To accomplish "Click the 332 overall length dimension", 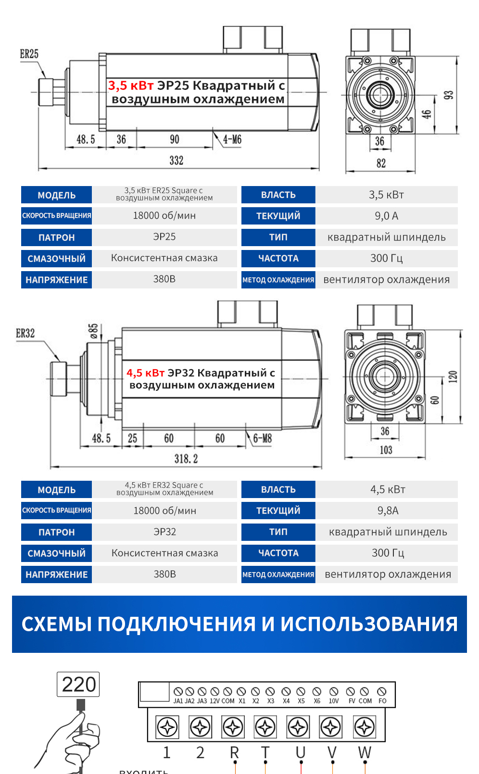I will pyautogui.click(x=176, y=161).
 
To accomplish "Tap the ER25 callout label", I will pyautogui.click(x=29, y=54).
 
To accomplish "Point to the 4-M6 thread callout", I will pyautogui.click(x=232, y=140).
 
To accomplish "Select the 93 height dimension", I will pyautogui.click(x=448, y=95).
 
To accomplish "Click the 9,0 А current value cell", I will pyautogui.click(x=386, y=216).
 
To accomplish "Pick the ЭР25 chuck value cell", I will pyautogui.click(x=164, y=237).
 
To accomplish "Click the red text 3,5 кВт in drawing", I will pyautogui.click(x=131, y=86).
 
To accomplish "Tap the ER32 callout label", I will pyautogui.click(x=25, y=333).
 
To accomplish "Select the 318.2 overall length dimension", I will pyautogui.click(x=186, y=459).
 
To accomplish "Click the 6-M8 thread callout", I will pyautogui.click(x=263, y=438).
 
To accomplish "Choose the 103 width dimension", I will pyautogui.click(x=386, y=450).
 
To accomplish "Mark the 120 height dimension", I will pyautogui.click(x=453, y=377).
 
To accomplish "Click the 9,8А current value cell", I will pyautogui.click(x=388, y=511).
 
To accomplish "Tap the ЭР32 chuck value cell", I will pyautogui.click(x=164, y=532).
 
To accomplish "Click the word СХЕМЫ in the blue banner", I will pyautogui.click(x=56, y=624).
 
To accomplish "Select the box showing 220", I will pyautogui.click(x=78, y=684).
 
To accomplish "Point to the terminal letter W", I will pyautogui.click(x=365, y=752).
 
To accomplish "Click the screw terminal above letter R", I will pyautogui.click(x=233, y=727).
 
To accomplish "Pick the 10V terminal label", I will pyautogui.click(x=334, y=701).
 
